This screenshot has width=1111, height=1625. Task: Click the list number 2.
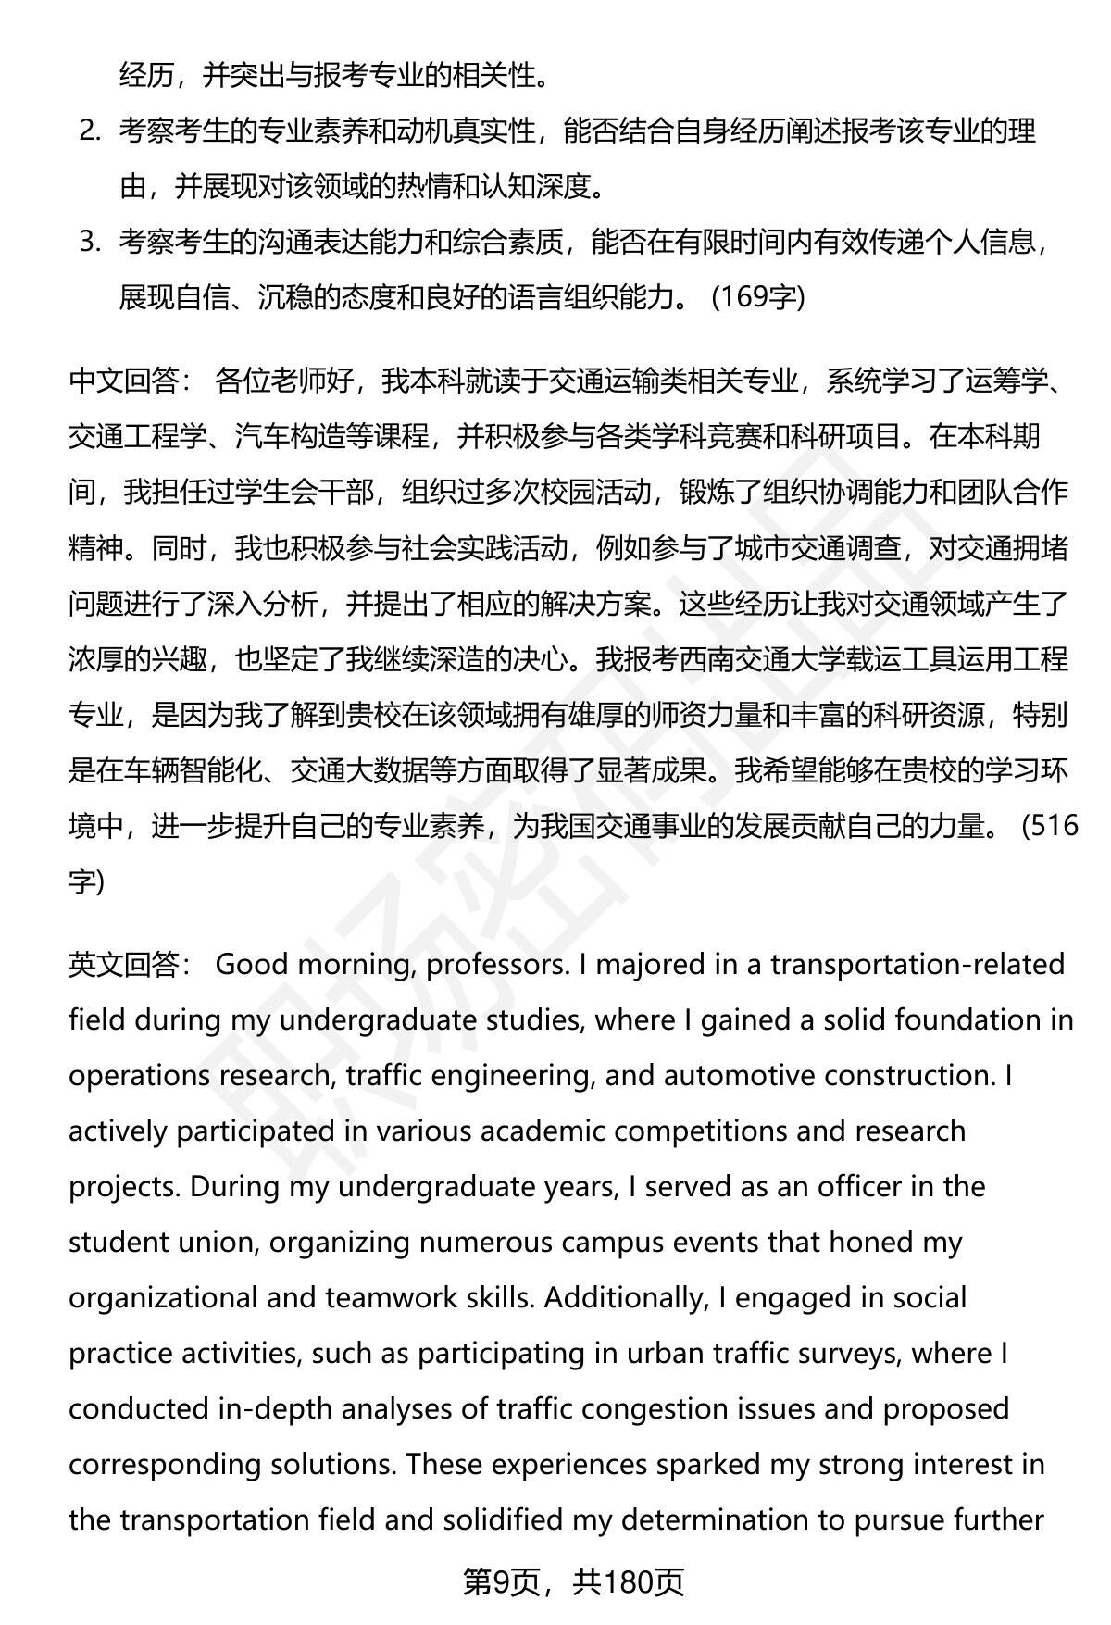(x=89, y=131)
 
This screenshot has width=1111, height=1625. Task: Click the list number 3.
(x=89, y=243)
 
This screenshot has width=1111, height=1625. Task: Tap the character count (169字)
(x=758, y=298)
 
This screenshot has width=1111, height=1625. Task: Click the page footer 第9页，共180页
(x=573, y=1582)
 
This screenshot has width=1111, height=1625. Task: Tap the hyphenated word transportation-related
(x=918, y=965)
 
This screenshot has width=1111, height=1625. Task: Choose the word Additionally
(x=624, y=1298)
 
